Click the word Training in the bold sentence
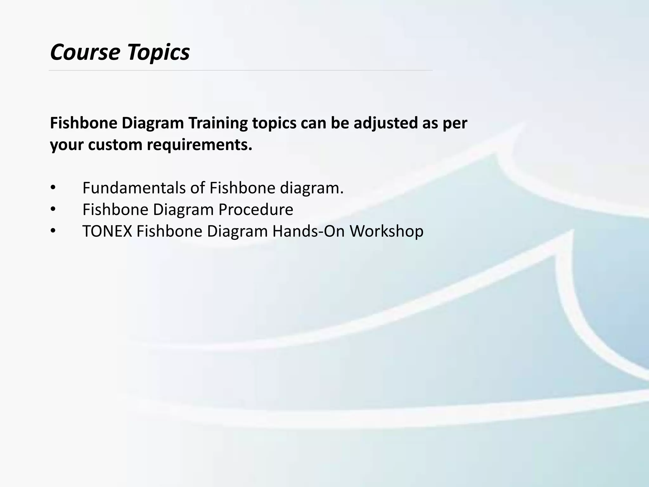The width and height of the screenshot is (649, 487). [x=218, y=123]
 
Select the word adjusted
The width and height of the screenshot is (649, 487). [x=386, y=123]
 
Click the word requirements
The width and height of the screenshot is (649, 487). [x=200, y=145]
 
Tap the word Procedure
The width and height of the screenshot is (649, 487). [x=256, y=210]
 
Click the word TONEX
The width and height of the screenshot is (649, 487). [x=107, y=231]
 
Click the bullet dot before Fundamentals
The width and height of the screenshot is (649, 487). [x=53, y=188]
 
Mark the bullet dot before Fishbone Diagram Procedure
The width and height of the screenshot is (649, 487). [x=53, y=210]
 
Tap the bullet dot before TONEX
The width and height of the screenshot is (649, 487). [x=53, y=231]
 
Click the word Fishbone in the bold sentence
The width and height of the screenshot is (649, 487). [x=83, y=123]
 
